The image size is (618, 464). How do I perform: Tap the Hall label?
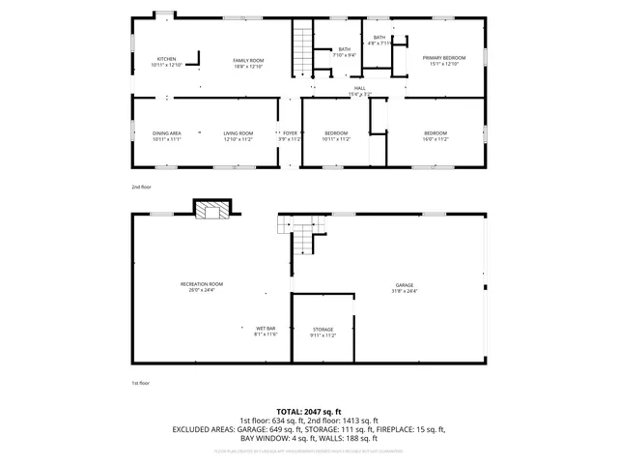point(359,90)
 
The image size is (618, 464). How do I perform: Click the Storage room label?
point(323,332)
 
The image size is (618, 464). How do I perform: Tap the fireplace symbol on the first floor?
point(212,209)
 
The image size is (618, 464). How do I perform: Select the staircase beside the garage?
point(304,238)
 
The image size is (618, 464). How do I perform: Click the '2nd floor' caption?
point(141,186)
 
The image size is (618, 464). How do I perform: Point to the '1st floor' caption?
point(141,383)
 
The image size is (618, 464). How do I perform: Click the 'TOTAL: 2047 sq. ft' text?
point(309,411)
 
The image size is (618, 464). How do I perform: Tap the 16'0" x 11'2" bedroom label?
point(435,135)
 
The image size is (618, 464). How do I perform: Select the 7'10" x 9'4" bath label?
point(344,52)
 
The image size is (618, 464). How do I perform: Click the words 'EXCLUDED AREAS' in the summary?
point(206,428)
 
